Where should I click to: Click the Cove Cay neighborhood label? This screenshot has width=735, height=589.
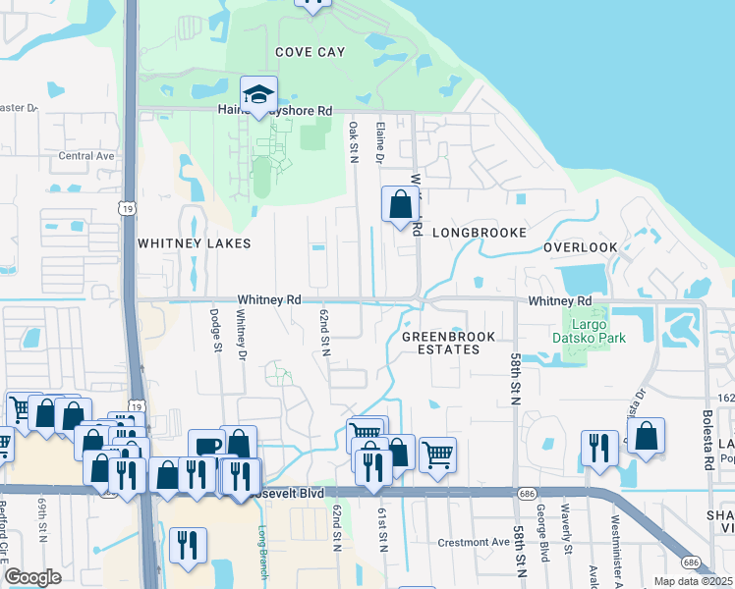(x=310, y=51)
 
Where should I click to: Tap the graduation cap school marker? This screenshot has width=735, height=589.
(x=258, y=95)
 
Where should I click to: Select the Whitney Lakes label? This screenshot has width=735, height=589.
(x=194, y=242)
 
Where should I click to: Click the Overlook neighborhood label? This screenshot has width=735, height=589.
(x=581, y=247)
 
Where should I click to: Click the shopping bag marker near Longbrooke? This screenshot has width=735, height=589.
(x=400, y=205)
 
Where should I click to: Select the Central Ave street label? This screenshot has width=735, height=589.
(x=86, y=156)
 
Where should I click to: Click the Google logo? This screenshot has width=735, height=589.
(x=32, y=577)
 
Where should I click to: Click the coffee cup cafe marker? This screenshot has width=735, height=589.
(x=207, y=447)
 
